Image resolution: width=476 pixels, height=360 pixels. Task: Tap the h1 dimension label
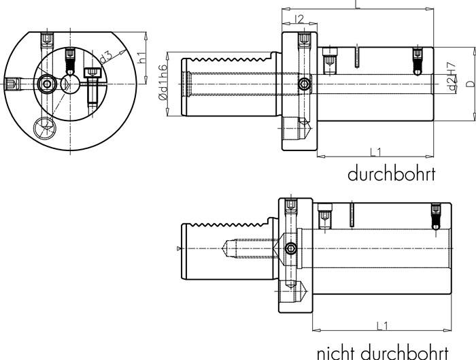coord(142,57)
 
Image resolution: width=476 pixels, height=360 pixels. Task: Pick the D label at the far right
coord(469,83)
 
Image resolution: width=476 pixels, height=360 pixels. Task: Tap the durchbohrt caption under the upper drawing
coord(391,174)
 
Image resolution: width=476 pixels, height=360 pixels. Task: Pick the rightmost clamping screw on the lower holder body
coord(436,216)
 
